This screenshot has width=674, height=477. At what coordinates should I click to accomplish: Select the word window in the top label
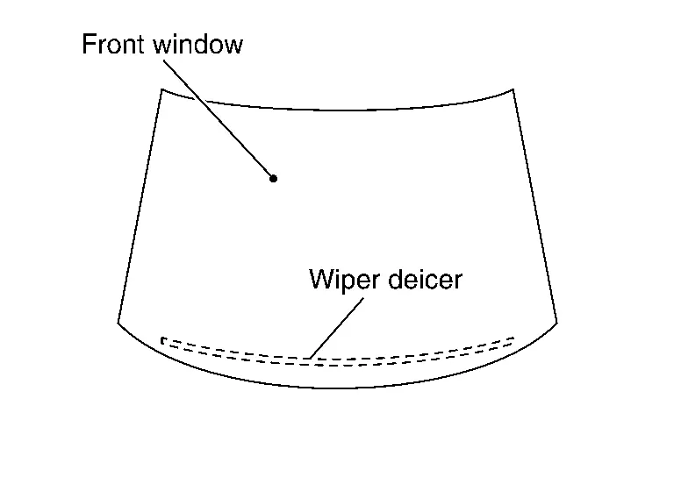pos(197,45)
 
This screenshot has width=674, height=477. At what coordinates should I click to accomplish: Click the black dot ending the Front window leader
pos(274,179)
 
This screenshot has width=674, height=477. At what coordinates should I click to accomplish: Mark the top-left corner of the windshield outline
pos(161,89)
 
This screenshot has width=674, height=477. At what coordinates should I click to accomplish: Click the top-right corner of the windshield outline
pos(513,89)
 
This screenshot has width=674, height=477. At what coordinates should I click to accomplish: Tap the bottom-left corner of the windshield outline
pos(118,323)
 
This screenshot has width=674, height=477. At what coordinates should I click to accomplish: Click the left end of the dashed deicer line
pos(163,339)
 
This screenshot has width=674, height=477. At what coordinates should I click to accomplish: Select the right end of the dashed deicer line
pos(513,340)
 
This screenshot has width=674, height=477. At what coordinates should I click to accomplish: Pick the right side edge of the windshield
pos(534,206)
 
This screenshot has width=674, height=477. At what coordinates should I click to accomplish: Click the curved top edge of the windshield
pos(337,110)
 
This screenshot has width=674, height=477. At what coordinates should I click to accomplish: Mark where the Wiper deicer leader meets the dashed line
pos(310,358)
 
